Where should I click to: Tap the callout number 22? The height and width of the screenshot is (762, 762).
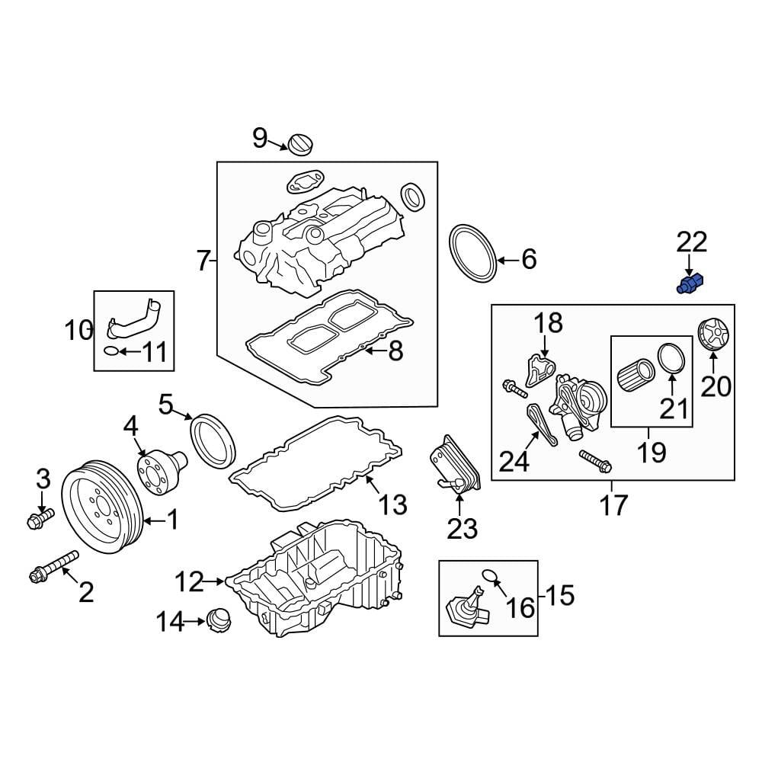click(x=692, y=243)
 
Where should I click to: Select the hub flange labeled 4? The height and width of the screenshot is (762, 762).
click(x=158, y=468)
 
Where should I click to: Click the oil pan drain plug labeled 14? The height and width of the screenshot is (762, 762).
click(x=219, y=619)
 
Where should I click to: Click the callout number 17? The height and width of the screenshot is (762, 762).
click(x=613, y=504)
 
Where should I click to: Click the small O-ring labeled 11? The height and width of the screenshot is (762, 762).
click(x=111, y=351)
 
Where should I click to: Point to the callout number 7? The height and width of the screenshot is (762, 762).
click(x=202, y=261)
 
